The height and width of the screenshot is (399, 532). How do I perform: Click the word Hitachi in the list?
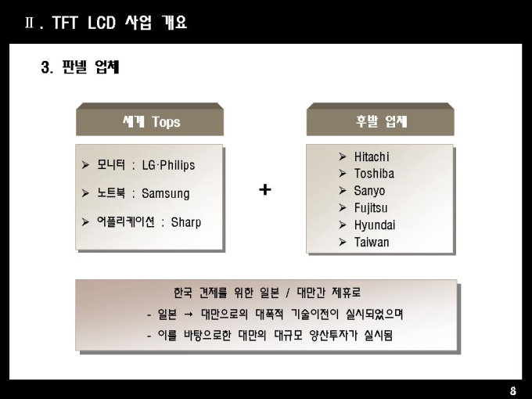[372, 156]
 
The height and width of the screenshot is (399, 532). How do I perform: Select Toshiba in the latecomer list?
[374, 174]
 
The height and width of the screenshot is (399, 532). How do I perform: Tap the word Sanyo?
[369, 191]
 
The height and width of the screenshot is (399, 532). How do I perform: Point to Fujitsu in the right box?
[371, 208]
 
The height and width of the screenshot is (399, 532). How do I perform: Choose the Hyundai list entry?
[375, 225]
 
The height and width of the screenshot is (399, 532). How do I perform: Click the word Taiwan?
[372, 243]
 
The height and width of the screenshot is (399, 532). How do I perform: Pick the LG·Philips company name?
[168, 165]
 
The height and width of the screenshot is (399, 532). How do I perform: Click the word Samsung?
[166, 194]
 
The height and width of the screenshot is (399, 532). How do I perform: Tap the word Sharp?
[186, 222]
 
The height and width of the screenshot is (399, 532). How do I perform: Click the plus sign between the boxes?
[265, 189]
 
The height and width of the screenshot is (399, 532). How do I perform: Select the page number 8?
[513, 391]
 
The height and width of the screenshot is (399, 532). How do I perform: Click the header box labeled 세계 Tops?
[149, 120]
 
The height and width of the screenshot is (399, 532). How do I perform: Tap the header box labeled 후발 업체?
[380, 120]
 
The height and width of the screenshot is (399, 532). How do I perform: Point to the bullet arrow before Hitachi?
[343, 156]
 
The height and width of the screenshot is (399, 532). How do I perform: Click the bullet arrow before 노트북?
[85, 193]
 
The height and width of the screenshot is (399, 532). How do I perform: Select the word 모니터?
[111, 165]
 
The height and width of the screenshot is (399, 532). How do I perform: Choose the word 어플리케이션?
[126, 222]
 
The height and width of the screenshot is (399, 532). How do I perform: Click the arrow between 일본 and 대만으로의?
[189, 315]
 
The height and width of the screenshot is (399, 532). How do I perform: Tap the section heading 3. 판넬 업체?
[80, 66]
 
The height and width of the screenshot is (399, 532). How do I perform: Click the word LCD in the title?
[102, 23]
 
